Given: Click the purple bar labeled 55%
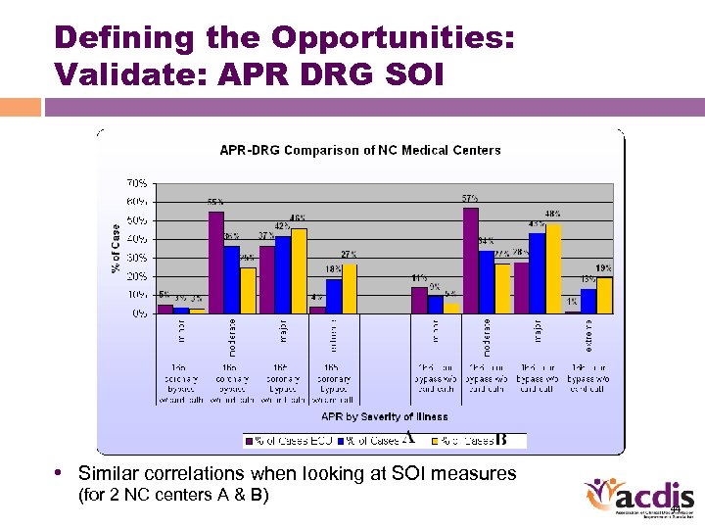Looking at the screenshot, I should pos(216,263).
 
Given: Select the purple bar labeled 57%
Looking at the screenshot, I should pos(471,261).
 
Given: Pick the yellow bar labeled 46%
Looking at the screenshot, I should pos(299,271).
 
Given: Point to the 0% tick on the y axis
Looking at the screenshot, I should pos(140,314).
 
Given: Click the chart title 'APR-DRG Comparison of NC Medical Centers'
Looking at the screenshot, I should pos(359,150).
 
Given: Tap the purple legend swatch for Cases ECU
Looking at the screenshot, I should pos(250,441).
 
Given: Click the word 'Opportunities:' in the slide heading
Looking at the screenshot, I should pos(393,38).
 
